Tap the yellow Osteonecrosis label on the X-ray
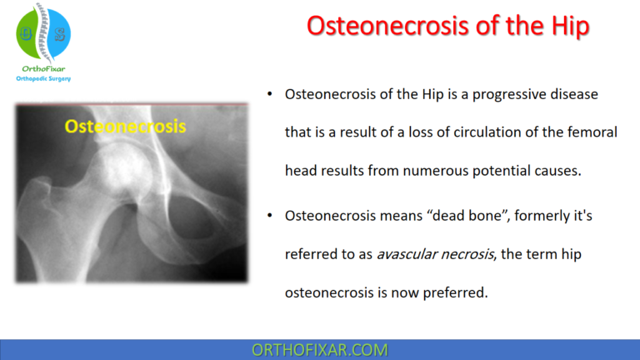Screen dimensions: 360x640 (x=125, y=127)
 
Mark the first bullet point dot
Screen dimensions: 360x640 (x=269, y=95)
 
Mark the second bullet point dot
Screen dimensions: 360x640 (x=269, y=217)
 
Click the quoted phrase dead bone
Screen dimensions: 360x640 (x=458, y=216)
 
